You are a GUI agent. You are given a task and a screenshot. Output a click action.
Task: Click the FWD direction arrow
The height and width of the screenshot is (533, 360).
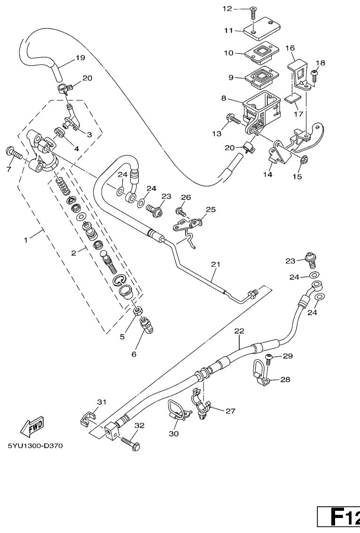point(32,426)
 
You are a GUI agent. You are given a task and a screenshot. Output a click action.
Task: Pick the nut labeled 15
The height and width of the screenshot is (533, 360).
point(304,161)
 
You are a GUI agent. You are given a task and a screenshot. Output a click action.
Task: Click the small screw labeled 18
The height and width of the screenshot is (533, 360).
point(315,74)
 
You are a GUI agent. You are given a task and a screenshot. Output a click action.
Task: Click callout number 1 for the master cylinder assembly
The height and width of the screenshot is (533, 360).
point(26,239)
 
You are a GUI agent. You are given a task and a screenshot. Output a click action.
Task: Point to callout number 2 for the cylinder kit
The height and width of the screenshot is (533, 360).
point(73,252)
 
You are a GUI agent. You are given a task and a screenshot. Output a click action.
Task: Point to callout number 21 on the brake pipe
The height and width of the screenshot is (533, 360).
point(215,264)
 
